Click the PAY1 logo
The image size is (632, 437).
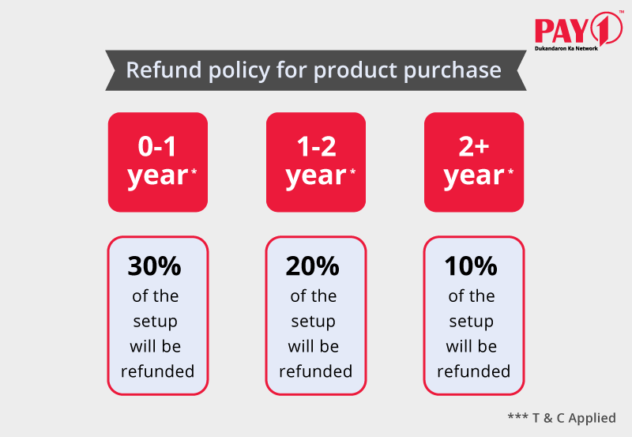point(579,30)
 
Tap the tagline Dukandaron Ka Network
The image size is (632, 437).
point(566,48)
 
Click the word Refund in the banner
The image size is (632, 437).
point(164,70)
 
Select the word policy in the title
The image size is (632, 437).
point(239,71)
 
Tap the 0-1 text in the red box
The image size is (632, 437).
point(157,146)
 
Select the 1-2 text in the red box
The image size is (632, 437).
point(316,146)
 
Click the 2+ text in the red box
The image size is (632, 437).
point(473,146)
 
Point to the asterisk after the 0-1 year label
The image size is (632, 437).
point(194,171)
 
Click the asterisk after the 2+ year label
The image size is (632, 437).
point(510,171)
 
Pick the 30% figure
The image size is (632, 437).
point(154,266)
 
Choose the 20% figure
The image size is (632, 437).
point(312,266)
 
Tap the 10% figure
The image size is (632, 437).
point(471,266)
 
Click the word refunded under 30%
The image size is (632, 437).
point(157,371)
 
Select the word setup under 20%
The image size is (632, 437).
point(313,322)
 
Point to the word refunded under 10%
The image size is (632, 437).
point(473,371)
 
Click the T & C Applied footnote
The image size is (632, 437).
point(562,418)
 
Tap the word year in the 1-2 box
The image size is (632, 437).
point(315,176)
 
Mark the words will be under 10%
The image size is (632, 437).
point(471,346)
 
